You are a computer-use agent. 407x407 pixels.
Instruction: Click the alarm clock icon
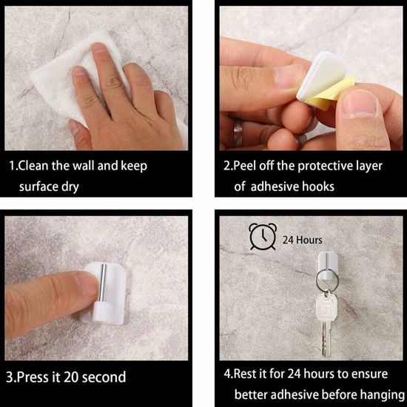pyautogui.click(x=263, y=237)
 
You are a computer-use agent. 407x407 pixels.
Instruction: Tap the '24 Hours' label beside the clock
pyautogui.click(x=302, y=240)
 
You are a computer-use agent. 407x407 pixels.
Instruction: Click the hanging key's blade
pyautogui.click(x=326, y=338)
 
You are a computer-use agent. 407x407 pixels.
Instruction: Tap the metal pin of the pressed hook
pyautogui.click(x=102, y=283)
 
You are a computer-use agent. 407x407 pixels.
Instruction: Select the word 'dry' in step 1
pyautogui.click(x=70, y=187)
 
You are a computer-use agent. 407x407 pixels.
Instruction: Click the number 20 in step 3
pyautogui.click(x=70, y=377)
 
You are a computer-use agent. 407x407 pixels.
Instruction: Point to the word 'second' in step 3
pyautogui.click(x=104, y=377)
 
